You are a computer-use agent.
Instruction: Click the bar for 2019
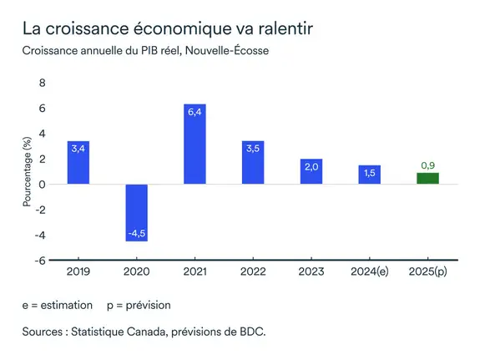[x=78, y=163]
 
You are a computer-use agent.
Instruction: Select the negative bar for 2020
[x=137, y=212]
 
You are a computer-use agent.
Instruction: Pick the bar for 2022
[x=253, y=162]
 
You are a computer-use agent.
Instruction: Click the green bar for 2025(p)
[x=427, y=178]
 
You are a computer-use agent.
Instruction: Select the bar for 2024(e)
[x=369, y=175]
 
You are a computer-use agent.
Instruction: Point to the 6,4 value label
[x=195, y=111]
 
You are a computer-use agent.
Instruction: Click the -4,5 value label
[x=137, y=233]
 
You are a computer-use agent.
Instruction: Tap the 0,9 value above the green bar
[x=427, y=165]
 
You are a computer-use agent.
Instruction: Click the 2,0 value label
[x=311, y=166]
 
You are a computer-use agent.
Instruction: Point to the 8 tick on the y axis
[x=43, y=83]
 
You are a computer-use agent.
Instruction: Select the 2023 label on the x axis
[x=311, y=272]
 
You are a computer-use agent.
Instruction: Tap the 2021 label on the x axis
[x=195, y=272]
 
